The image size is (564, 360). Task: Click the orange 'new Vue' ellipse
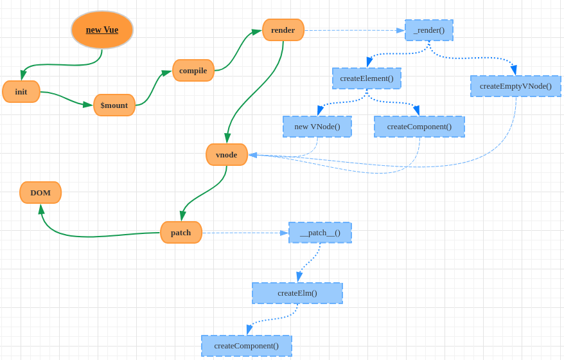point(102,30)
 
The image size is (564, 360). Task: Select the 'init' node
point(21,91)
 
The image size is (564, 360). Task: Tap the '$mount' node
point(114,105)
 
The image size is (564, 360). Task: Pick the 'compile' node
point(193,70)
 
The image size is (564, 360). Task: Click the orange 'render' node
point(283,30)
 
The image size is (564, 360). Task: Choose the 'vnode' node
point(227,154)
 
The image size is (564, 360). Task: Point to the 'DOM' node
point(40,192)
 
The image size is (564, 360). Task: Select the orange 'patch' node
point(181,232)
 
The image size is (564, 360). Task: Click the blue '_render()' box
point(429,30)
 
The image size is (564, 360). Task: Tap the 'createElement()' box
point(367,78)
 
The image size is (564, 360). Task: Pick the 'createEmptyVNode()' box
point(516,86)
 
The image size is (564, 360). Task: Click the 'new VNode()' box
point(317,127)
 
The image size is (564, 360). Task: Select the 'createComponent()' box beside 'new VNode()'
point(419,127)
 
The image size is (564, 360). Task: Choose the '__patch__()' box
point(320,232)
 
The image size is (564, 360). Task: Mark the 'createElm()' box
point(297,293)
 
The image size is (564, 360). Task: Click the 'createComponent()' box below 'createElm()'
point(247,346)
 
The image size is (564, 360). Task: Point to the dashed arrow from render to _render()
point(353,30)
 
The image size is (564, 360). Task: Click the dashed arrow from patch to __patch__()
point(244,233)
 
